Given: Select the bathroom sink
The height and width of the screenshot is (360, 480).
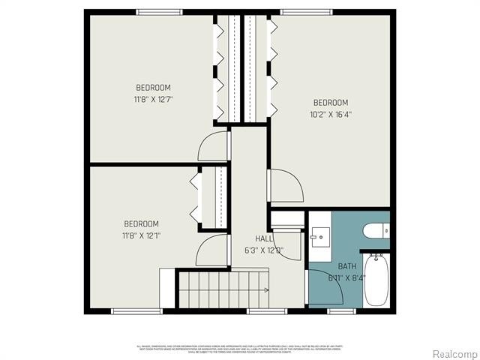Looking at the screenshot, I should [x=319, y=237].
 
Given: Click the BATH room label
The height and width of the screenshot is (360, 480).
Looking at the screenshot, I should [x=347, y=266].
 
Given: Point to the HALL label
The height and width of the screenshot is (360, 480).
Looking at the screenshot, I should [x=253, y=238].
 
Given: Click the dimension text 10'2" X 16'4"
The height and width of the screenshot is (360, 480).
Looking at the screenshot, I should [x=331, y=115].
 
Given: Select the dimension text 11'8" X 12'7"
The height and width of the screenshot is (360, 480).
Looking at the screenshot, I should [x=153, y=98].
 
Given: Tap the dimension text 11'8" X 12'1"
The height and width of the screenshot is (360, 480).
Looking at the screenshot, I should [x=142, y=235].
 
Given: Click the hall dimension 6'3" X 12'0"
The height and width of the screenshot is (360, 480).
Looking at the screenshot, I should [x=262, y=250].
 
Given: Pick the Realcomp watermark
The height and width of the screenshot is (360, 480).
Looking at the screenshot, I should [x=452, y=353].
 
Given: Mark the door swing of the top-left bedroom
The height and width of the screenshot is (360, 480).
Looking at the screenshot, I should [x=214, y=145].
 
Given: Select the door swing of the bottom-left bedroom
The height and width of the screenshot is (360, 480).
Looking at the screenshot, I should [x=212, y=250].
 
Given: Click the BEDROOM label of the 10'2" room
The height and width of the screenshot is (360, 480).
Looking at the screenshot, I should [x=331, y=103].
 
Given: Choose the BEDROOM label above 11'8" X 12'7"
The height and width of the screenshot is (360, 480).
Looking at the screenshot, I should [x=153, y=86].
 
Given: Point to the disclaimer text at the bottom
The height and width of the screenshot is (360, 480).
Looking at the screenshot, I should [x=240, y=349].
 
